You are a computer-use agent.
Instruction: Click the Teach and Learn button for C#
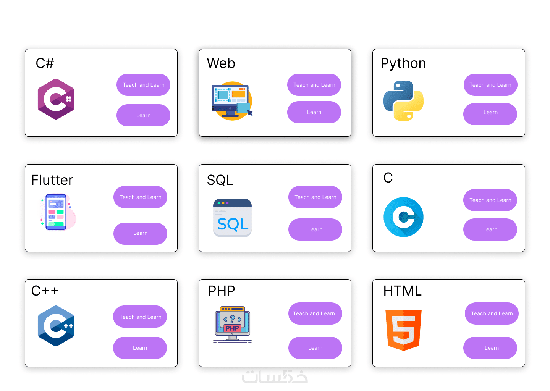coord(143,85)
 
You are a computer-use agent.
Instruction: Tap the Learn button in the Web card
coord(314,112)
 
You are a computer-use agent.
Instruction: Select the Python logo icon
coord(403,101)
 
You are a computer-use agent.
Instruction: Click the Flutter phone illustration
coord(56,212)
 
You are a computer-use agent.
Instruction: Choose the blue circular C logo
coord(403,217)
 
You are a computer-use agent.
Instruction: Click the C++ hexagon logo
coord(56,326)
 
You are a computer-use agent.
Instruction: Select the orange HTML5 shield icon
coord(403,330)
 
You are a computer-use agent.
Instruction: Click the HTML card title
coord(402,291)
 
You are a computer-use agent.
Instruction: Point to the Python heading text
coord(403,63)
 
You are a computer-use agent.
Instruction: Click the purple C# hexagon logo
coord(56,99)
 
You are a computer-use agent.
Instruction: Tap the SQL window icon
coord(232,218)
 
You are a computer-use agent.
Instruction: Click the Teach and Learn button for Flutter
coord(140,197)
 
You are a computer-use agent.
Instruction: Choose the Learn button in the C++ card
coord(140,348)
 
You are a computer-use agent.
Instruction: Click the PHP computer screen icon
coord(232,324)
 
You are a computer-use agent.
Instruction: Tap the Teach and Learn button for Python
coord(490,85)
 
